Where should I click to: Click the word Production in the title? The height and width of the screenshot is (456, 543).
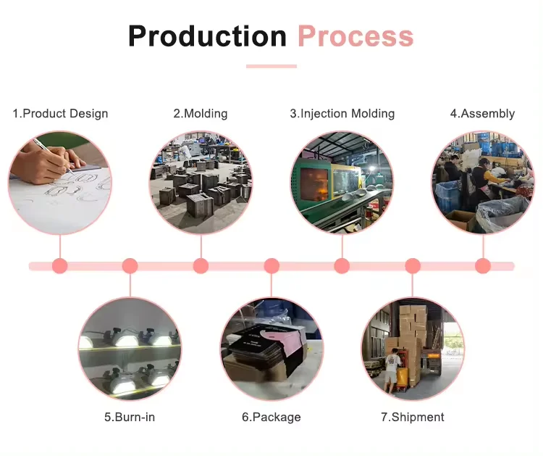(x=207, y=36)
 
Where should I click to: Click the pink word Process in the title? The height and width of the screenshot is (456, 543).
(x=355, y=36)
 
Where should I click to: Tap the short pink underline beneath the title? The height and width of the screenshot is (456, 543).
(x=271, y=66)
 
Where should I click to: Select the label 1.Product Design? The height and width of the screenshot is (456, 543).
(x=60, y=114)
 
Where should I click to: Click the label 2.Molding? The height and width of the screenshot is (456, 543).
(x=200, y=114)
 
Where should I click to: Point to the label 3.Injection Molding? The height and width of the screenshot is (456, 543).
(x=342, y=114)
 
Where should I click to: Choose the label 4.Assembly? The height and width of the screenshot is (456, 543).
(x=482, y=114)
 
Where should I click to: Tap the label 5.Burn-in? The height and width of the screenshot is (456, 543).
(x=130, y=417)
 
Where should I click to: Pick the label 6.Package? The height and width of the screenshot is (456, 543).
(x=271, y=417)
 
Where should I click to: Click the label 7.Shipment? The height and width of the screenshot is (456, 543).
(x=413, y=417)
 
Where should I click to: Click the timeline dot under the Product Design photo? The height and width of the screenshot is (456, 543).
(x=60, y=266)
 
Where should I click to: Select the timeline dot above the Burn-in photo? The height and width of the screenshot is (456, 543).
(x=130, y=266)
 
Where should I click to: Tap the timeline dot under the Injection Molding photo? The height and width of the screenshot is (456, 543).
(x=342, y=266)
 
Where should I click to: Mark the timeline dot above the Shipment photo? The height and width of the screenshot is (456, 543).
(x=413, y=266)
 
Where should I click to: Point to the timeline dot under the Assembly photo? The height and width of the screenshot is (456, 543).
(x=483, y=266)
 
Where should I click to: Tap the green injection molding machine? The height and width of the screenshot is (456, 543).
(x=319, y=185)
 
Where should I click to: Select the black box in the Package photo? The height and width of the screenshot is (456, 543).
(x=261, y=352)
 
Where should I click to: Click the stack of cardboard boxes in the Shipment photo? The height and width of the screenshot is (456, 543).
(x=413, y=326)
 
